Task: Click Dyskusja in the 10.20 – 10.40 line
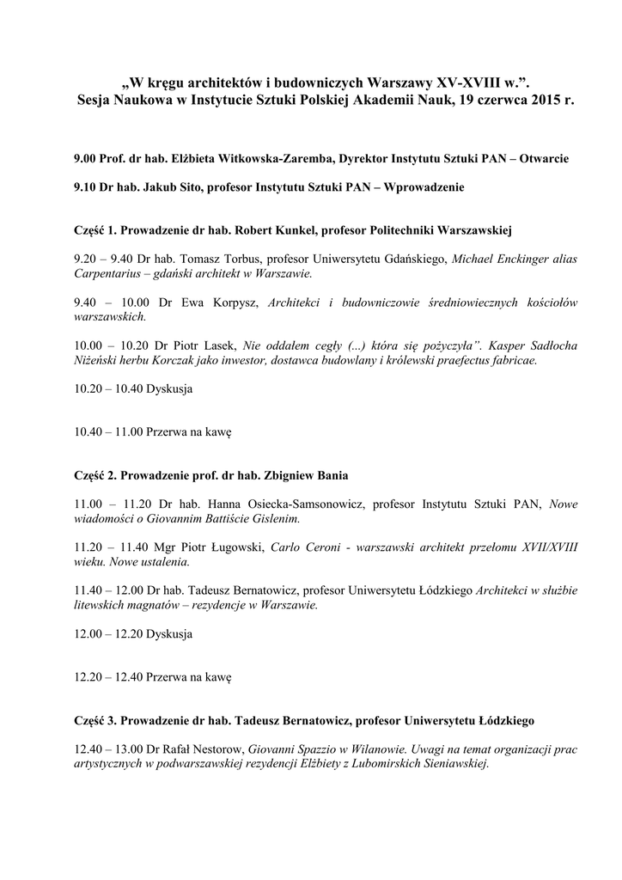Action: pos(170,388)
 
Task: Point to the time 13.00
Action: pos(125,748)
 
